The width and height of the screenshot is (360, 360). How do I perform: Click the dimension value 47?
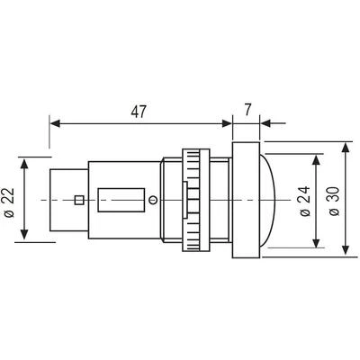139,112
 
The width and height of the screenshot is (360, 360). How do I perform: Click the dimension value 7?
247,110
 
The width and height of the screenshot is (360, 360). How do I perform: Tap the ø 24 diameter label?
305,201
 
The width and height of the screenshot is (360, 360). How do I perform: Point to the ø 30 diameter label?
334,201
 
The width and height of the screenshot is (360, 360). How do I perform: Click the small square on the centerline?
79,200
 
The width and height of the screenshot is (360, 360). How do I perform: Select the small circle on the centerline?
153,200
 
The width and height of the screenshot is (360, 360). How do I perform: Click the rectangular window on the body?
121,200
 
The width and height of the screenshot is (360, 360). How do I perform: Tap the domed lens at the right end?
265,200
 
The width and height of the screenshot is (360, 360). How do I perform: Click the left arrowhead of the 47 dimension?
55,123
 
